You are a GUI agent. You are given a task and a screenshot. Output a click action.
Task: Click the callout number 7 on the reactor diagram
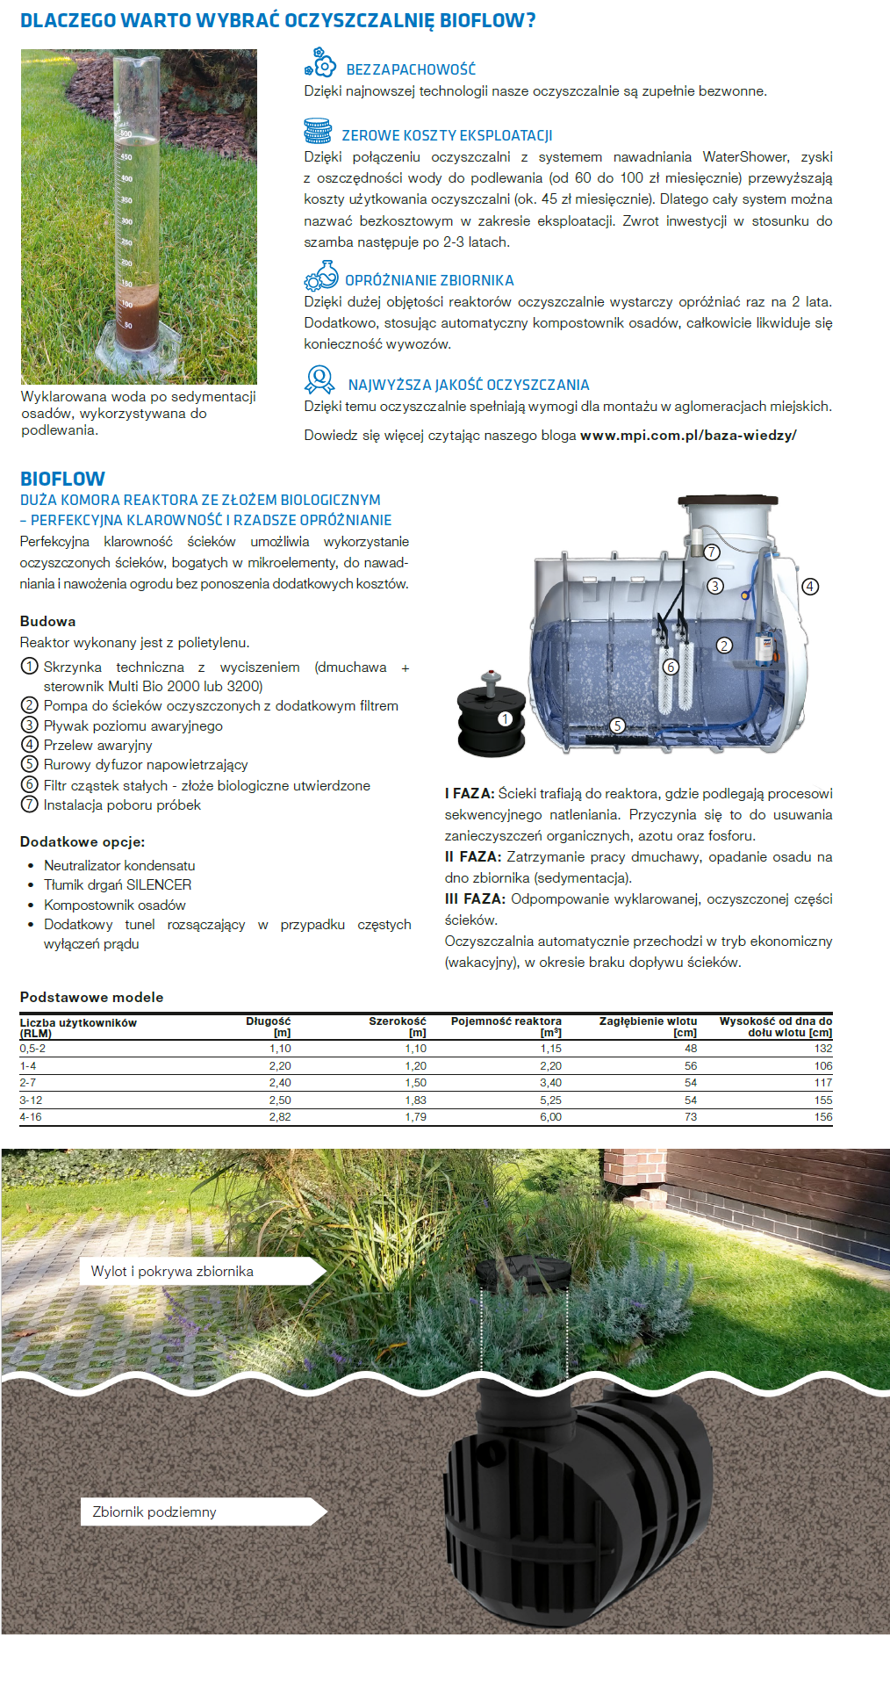pyautogui.click(x=712, y=552)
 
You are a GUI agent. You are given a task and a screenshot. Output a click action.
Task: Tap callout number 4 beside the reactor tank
pyautogui.click(x=810, y=587)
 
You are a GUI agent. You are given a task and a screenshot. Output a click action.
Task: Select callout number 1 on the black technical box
pyautogui.click(x=505, y=718)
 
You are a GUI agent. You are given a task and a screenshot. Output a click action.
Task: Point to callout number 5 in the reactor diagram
pyautogui.click(x=617, y=725)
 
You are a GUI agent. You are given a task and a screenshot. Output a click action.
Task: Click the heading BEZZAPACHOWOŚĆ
pyautogui.click(x=410, y=69)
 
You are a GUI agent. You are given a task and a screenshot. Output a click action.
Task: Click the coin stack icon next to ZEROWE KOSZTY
pyautogui.click(x=318, y=131)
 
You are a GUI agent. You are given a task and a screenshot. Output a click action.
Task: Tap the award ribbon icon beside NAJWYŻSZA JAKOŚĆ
pyautogui.click(x=319, y=380)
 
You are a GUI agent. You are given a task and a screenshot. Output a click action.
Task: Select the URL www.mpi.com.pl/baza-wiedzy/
pyautogui.click(x=688, y=436)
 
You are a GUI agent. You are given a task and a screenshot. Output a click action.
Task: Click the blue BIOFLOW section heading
pyautogui.click(x=62, y=479)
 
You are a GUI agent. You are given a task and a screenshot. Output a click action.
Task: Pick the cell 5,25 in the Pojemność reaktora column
pyautogui.click(x=550, y=1100)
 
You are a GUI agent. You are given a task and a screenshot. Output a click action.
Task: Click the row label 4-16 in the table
pyautogui.click(x=31, y=1117)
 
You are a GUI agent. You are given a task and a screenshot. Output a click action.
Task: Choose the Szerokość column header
pyautogui.click(x=397, y=1021)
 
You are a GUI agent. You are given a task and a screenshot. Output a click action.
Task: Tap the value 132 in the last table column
pyautogui.click(x=822, y=1049)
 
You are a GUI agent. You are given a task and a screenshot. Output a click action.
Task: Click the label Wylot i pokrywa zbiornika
pyautogui.click(x=172, y=1272)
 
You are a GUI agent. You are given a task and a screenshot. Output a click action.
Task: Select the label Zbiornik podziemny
pyautogui.click(x=154, y=1511)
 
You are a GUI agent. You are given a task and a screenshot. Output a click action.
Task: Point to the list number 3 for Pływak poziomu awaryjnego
pyautogui.click(x=29, y=725)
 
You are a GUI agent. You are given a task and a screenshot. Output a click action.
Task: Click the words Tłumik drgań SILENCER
pyautogui.click(x=118, y=885)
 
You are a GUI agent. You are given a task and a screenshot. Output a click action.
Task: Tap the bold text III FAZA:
pyautogui.click(x=475, y=899)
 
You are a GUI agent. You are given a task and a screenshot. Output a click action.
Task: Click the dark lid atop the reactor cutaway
pyautogui.click(x=728, y=501)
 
